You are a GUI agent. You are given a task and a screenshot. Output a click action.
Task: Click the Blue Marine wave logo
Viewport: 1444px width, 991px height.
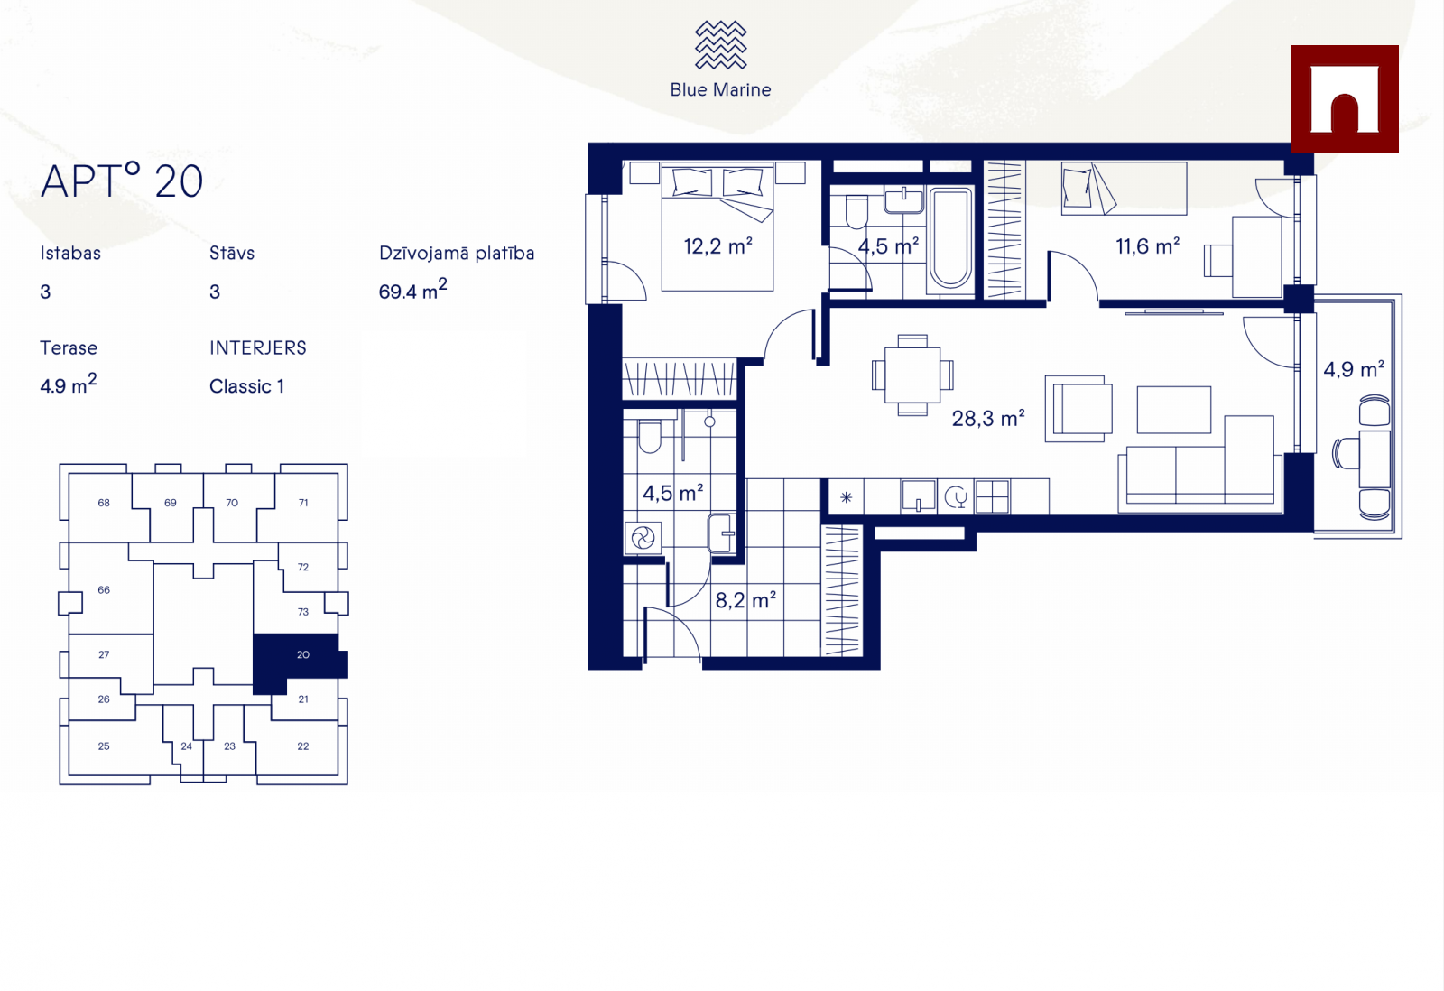click(720, 44)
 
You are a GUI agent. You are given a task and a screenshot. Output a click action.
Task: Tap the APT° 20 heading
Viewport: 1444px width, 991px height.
click(122, 181)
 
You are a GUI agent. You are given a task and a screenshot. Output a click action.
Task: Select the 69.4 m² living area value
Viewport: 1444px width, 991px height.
click(412, 290)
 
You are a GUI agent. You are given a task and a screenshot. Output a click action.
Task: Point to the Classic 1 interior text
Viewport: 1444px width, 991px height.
click(247, 386)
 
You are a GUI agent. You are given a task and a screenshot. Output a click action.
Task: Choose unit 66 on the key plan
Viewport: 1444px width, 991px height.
click(104, 589)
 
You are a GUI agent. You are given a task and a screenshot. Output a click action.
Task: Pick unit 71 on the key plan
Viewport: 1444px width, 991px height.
click(303, 503)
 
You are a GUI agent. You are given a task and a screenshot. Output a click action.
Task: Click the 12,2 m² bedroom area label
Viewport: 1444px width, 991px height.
click(718, 245)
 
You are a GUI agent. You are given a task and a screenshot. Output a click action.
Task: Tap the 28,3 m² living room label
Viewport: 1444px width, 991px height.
click(988, 418)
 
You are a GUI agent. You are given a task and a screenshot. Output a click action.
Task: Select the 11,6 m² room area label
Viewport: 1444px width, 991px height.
click(1147, 245)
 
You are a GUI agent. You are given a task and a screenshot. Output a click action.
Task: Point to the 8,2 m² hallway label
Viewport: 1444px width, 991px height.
click(745, 600)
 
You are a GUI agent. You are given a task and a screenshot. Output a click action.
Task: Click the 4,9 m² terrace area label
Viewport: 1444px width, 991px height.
click(1354, 369)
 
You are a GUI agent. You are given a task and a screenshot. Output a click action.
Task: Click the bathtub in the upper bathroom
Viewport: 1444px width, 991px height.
click(950, 238)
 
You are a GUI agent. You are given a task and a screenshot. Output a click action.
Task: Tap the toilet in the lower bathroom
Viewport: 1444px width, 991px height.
click(650, 436)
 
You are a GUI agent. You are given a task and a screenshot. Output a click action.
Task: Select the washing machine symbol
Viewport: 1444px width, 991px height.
click(643, 538)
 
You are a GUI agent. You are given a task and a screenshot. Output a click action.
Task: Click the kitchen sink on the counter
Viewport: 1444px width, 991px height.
click(918, 496)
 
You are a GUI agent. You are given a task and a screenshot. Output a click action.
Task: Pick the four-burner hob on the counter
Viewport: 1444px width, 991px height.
click(992, 496)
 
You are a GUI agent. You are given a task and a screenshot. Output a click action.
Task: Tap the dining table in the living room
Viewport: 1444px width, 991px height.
click(912, 375)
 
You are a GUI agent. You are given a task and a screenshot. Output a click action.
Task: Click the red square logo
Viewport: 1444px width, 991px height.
click(1344, 99)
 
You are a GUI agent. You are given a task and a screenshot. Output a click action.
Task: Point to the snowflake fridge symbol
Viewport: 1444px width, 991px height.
click(847, 497)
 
